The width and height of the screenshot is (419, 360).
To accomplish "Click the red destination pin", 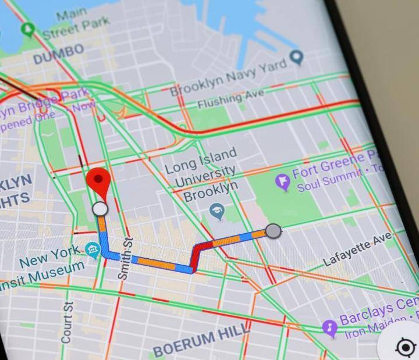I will pyautogui.click(x=100, y=181).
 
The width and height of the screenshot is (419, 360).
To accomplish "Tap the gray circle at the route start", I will pyautogui.click(x=274, y=231).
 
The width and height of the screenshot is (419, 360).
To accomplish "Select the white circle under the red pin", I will pyautogui.click(x=101, y=208).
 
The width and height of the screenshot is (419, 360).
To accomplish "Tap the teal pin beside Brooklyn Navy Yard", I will pyautogui.click(x=297, y=56).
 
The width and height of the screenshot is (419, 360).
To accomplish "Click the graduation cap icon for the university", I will pyautogui.click(x=218, y=212).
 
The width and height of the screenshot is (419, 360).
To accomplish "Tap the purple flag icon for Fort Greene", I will pyautogui.click(x=283, y=182).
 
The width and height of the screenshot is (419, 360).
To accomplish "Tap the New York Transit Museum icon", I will pyautogui.click(x=93, y=251).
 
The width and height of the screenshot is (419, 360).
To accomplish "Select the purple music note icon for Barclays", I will pyautogui.click(x=330, y=328).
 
